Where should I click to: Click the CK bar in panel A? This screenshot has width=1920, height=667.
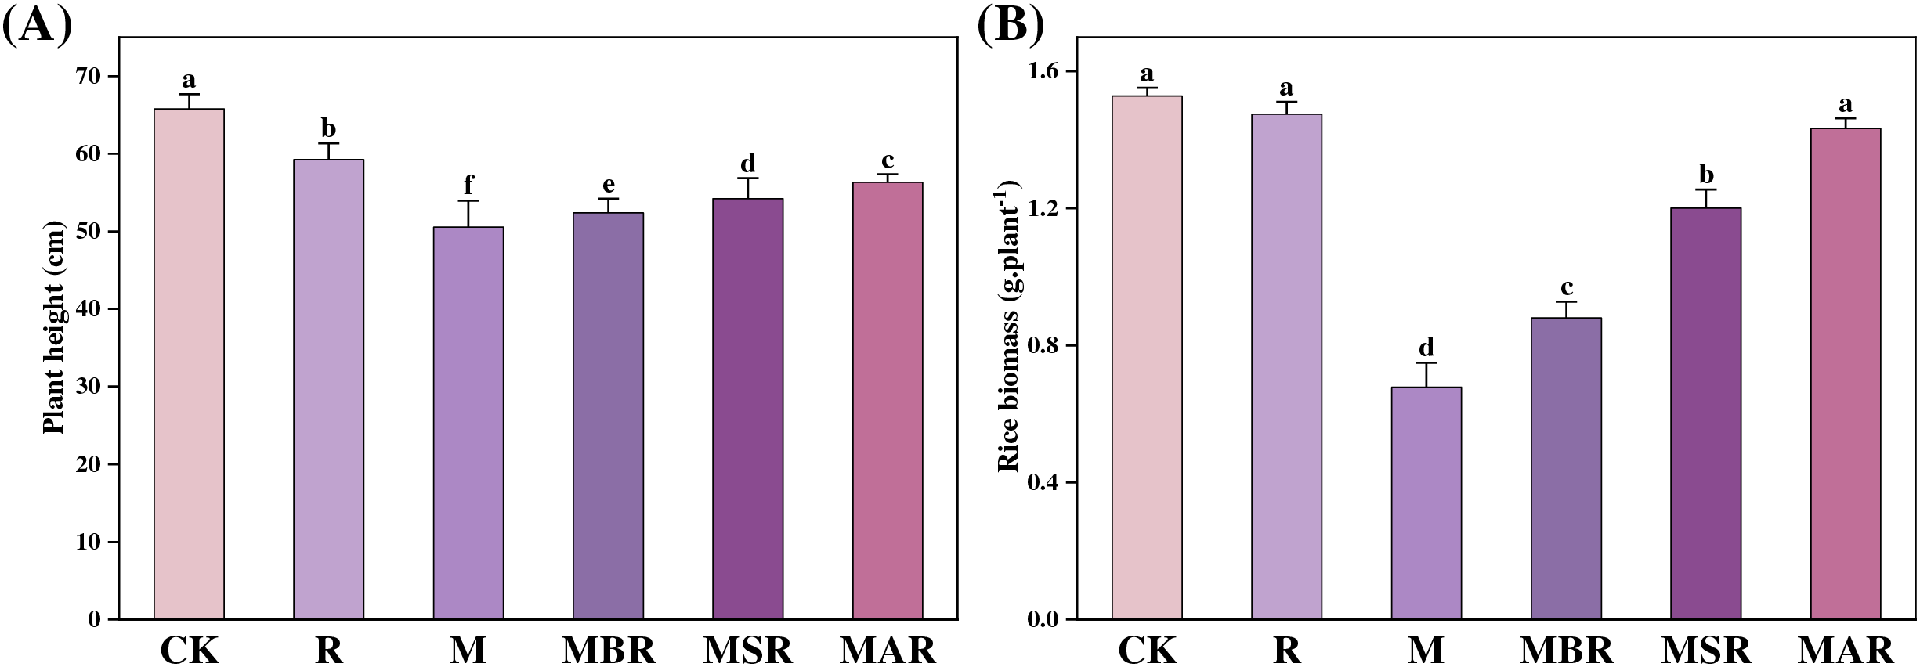(x=189, y=364)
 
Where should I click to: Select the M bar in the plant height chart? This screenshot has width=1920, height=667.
(x=468, y=423)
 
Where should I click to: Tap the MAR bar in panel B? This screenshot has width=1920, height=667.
(x=1845, y=373)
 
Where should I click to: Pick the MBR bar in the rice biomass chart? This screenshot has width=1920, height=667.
(x=1566, y=468)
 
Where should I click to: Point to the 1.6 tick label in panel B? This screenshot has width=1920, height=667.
(x=1042, y=71)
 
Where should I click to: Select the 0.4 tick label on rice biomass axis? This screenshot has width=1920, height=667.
(x=1042, y=482)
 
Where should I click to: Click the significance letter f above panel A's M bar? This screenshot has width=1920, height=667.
(x=468, y=185)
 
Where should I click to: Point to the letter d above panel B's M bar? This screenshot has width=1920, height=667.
(x=1426, y=347)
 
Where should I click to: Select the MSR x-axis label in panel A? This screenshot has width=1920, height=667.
(x=748, y=650)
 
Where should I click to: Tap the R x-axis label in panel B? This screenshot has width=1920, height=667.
(x=1287, y=650)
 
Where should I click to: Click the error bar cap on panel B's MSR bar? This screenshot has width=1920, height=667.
(x=1705, y=189)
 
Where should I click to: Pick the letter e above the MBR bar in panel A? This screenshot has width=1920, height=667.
(x=609, y=185)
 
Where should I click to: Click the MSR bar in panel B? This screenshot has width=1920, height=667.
(x=1705, y=413)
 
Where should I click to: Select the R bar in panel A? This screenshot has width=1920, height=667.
(x=328, y=389)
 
